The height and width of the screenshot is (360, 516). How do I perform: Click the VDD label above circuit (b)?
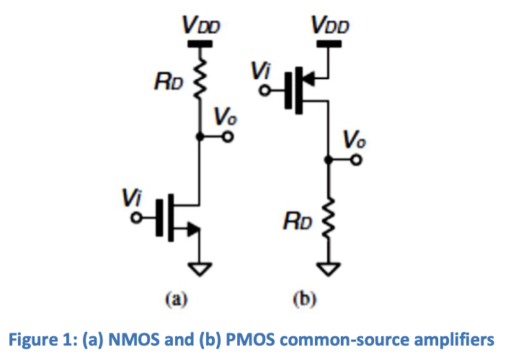[329, 27]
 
